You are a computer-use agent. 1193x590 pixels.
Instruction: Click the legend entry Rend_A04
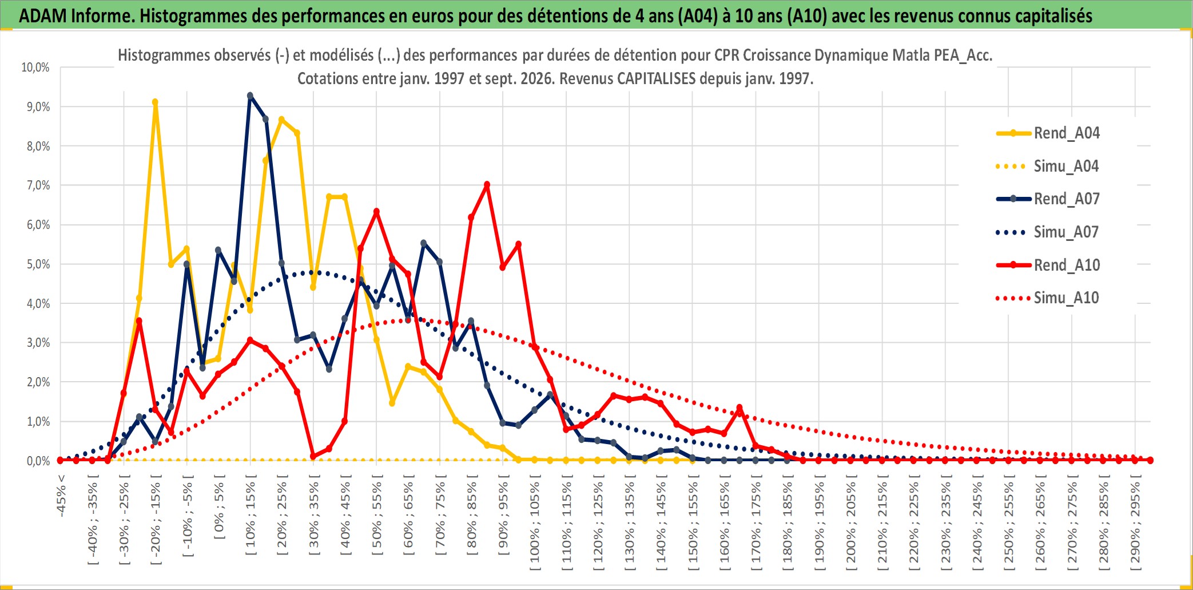(x=1048, y=133)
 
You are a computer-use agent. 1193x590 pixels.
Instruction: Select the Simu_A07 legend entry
(x=1048, y=232)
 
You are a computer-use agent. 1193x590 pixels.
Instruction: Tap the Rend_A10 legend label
(x=1067, y=265)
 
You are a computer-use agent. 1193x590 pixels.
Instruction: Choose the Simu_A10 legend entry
(x=1048, y=298)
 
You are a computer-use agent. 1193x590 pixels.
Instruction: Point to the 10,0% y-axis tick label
(x=35, y=68)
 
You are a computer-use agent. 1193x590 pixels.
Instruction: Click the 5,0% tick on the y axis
(x=38, y=264)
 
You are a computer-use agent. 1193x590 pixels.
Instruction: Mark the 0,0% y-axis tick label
(x=38, y=461)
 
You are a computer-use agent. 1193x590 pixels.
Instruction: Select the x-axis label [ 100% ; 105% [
(x=535, y=523)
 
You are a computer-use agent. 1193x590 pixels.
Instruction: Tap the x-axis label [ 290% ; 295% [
(x=1135, y=523)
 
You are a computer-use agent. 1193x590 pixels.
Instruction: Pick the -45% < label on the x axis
(x=61, y=496)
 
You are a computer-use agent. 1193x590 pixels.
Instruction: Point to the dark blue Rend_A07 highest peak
(x=250, y=96)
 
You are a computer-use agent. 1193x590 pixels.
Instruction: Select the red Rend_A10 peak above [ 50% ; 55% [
(x=376, y=212)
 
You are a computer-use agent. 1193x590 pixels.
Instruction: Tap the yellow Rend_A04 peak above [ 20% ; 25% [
(x=281, y=120)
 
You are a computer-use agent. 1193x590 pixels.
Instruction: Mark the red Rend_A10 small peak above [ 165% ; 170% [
(x=739, y=408)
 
